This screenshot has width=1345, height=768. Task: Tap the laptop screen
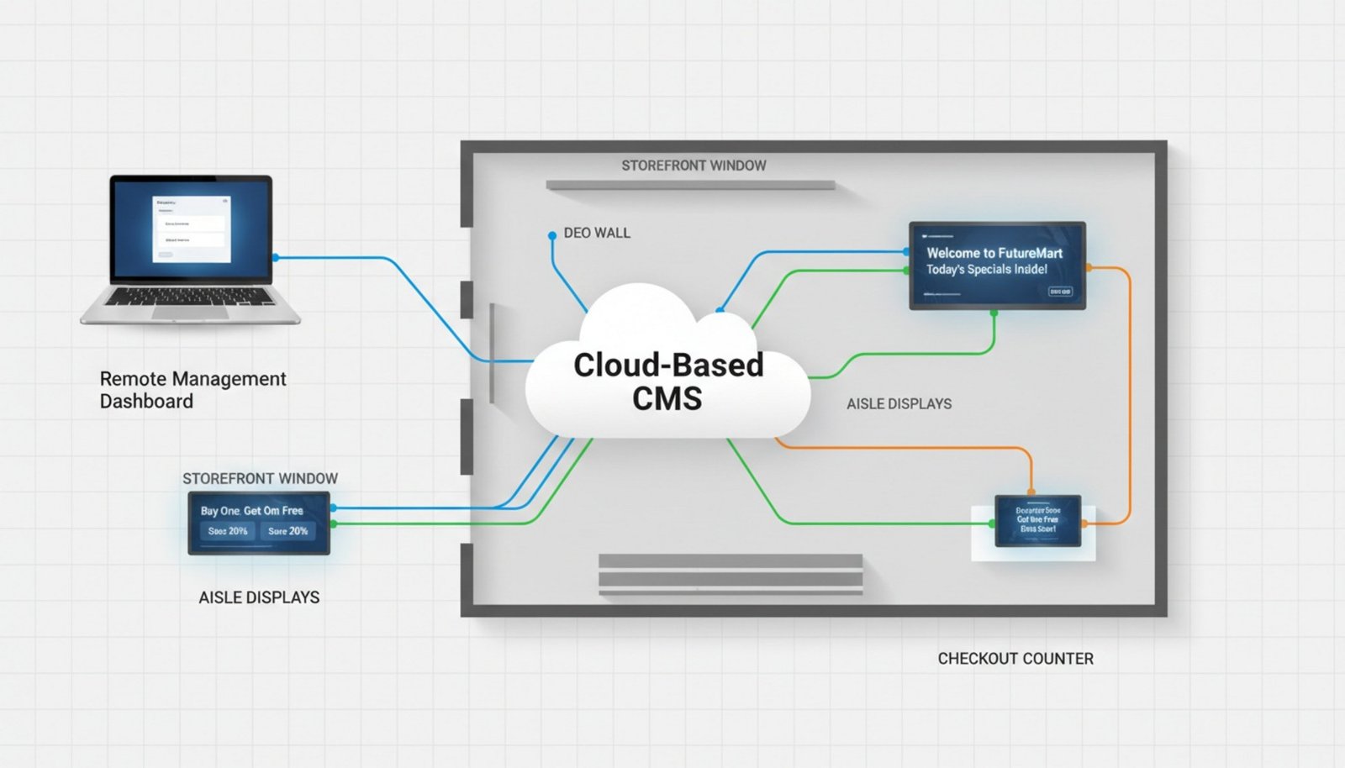[x=192, y=230]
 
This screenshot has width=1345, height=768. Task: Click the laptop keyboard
[x=190, y=297]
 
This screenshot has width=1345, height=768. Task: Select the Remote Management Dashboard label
[x=193, y=390]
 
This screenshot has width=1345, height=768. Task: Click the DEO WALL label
[x=597, y=233]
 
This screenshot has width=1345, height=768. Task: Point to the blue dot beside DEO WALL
[x=552, y=236]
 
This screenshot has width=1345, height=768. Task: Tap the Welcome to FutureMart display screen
[x=997, y=266]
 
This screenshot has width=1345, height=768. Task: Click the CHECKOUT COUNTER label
[x=1015, y=659]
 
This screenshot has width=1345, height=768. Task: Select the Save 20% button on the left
[x=228, y=531]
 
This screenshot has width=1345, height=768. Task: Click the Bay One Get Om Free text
[x=251, y=510]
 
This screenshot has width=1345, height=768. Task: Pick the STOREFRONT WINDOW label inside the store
[x=694, y=166]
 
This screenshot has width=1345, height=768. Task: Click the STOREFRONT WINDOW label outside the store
[x=260, y=478]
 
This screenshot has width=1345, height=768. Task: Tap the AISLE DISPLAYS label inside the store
[x=899, y=404]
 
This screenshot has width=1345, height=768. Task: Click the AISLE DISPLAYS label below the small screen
[x=259, y=597]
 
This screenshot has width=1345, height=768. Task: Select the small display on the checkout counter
[x=1037, y=520]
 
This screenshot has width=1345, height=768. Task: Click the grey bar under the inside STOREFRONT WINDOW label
[x=690, y=185]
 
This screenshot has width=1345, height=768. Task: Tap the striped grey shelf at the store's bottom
[x=730, y=575]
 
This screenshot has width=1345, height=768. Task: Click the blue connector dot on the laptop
[x=276, y=258]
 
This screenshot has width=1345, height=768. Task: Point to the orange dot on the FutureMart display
[x=1089, y=267]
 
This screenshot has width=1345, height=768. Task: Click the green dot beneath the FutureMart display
[x=994, y=313]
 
